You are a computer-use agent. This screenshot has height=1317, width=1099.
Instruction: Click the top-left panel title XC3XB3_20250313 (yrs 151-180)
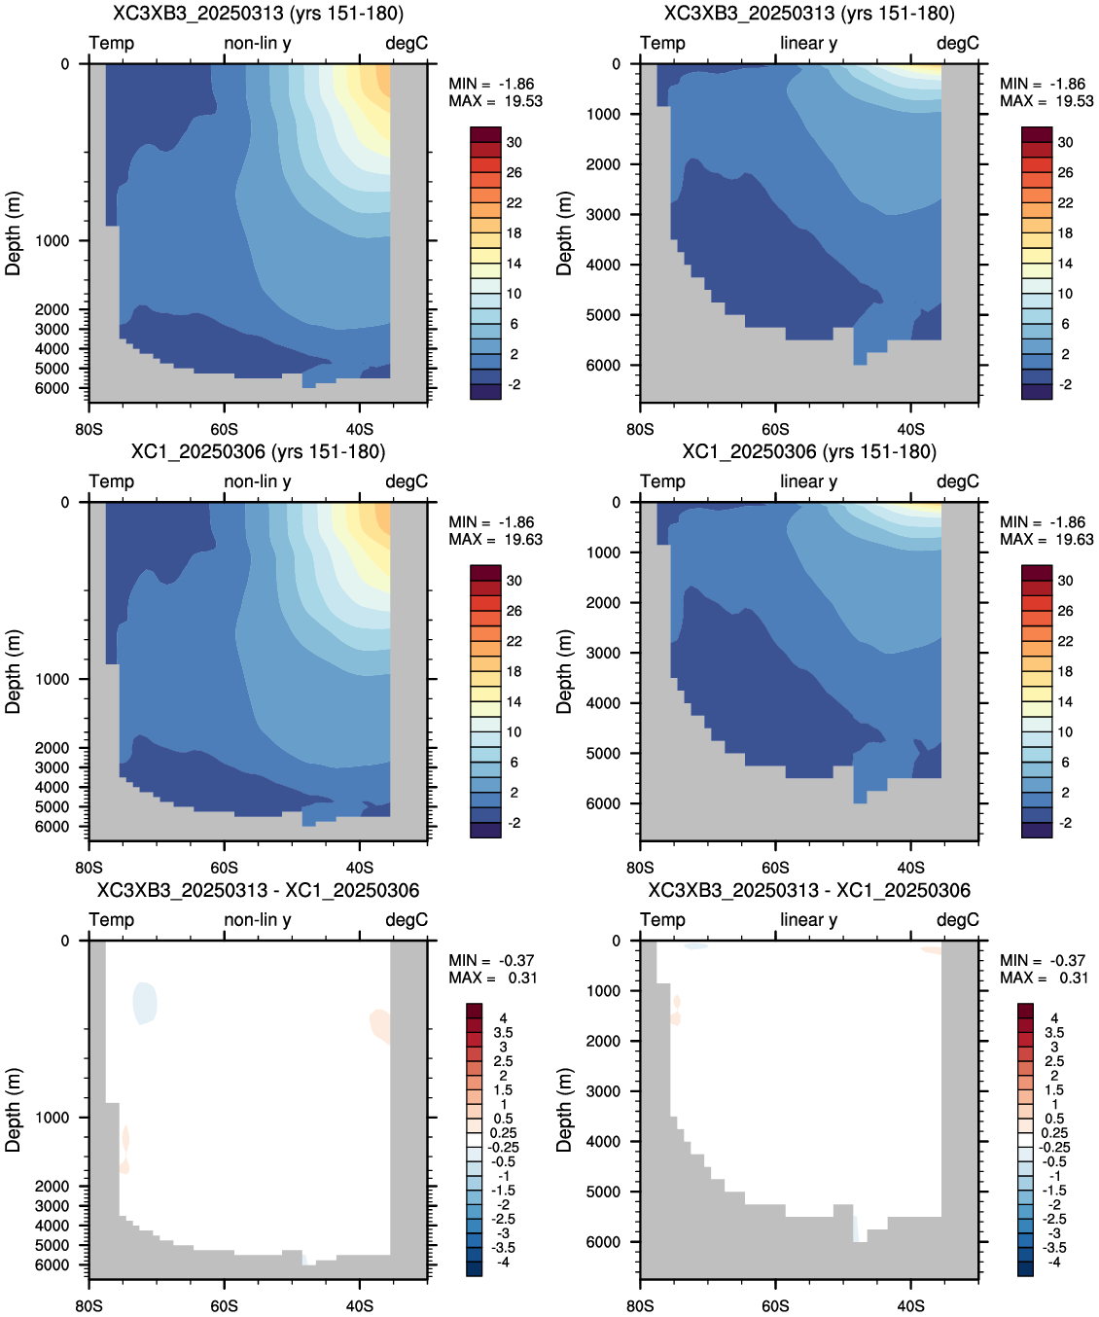click(x=258, y=13)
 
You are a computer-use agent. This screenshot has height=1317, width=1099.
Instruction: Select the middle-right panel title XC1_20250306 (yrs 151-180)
click(x=809, y=451)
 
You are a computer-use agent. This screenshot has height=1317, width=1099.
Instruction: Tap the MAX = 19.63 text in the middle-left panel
click(x=496, y=539)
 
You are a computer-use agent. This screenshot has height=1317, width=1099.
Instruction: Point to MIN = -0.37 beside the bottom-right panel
click(x=1043, y=960)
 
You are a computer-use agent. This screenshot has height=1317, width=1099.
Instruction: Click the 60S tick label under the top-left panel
click(x=224, y=429)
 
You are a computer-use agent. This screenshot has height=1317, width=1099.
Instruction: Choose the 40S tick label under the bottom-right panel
click(x=910, y=1305)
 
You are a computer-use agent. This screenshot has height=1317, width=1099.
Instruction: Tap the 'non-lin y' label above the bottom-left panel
click(x=258, y=919)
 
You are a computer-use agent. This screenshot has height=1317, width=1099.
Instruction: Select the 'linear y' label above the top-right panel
click(x=809, y=43)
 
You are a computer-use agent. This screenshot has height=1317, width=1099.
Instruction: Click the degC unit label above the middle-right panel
click(x=958, y=481)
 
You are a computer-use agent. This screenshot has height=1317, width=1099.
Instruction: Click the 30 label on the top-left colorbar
click(x=514, y=143)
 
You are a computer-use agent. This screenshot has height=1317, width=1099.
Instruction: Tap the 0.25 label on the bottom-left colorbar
click(x=503, y=1133)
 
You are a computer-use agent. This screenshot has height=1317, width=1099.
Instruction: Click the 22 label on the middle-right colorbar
click(x=1066, y=641)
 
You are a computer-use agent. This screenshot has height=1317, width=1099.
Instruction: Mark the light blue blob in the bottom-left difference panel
click(x=145, y=1003)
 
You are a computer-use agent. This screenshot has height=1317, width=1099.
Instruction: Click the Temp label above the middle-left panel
click(x=112, y=481)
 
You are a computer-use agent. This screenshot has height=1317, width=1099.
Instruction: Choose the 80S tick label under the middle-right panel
click(x=640, y=867)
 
